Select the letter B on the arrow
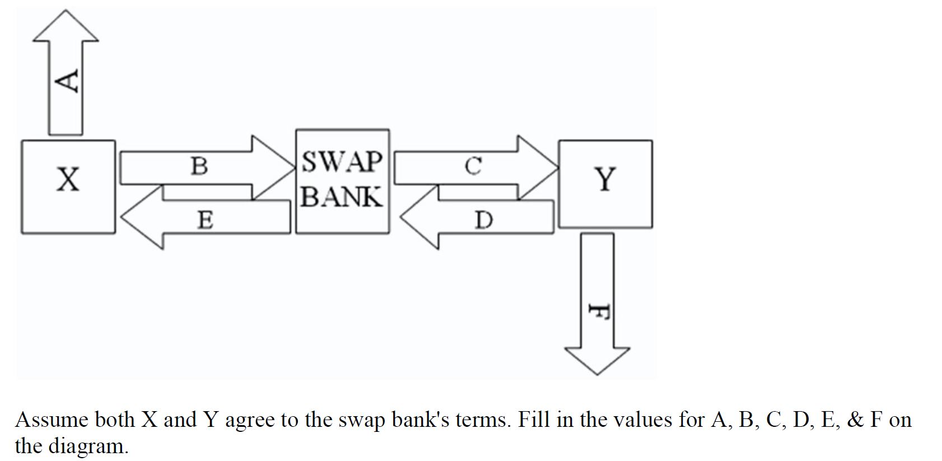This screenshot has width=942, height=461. click(x=199, y=166)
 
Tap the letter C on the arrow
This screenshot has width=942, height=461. click(x=473, y=166)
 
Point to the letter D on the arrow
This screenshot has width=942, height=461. click(x=484, y=220)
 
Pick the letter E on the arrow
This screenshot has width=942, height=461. click(x=205, y=220)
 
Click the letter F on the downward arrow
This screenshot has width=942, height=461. click(x=599, y=311)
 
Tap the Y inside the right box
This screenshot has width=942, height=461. click(x=605, y=179)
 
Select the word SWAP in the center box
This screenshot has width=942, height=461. click(x=342, y=162)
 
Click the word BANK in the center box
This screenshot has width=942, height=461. click(x=342, y=197)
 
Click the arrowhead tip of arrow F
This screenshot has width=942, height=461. click(x=598, y=373)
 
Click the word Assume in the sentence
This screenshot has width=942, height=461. click(x=52, y=420)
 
